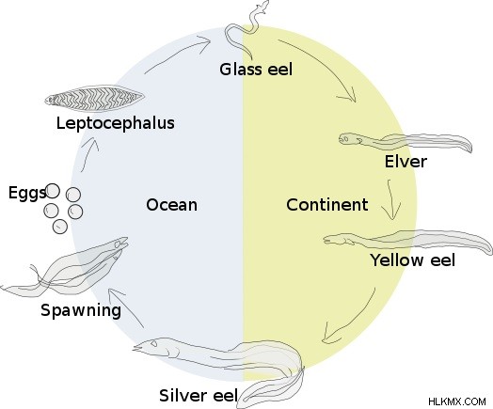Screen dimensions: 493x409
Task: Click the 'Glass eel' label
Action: coord(256,70)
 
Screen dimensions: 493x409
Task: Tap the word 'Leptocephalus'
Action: coord(116,123)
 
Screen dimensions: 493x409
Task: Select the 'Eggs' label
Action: coord(27,193)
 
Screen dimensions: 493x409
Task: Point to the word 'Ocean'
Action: coord(171,205)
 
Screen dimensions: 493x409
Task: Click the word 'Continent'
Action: coord(327,205)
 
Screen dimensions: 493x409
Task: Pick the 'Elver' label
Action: coord(406,162)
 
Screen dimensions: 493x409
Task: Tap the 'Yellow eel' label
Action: coord(413,260)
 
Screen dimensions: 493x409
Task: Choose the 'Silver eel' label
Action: coord(199,395)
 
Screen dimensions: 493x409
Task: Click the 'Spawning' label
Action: coord(81,310)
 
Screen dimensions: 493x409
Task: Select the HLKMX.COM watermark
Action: coord(457,401)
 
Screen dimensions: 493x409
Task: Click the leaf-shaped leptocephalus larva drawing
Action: coord(94,99)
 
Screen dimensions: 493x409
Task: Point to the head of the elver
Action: coord(348,138)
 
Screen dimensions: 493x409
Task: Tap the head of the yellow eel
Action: coord(336,239)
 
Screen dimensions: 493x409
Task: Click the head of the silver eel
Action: coord(151,346)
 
